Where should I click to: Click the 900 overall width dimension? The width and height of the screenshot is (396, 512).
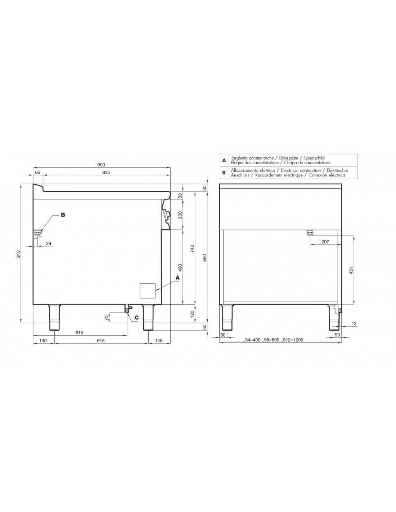pyautogui.click(x=101, y=165)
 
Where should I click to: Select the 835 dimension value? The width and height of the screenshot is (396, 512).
pyautogui.click(x=106, y=172)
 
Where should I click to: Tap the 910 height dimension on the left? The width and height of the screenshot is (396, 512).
pyautogui.click(x=19, y=253)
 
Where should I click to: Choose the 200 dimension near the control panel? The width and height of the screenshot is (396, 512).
pyautogui.click(x=180, y=215)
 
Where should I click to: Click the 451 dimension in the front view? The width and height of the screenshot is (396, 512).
pyautogui.click(x=351, y=270)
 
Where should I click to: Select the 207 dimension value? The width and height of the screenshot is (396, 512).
pyautogui.click(x=325, y=242)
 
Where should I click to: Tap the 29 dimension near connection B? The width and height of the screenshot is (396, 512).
pyautogui.click(x=49, y=243)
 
